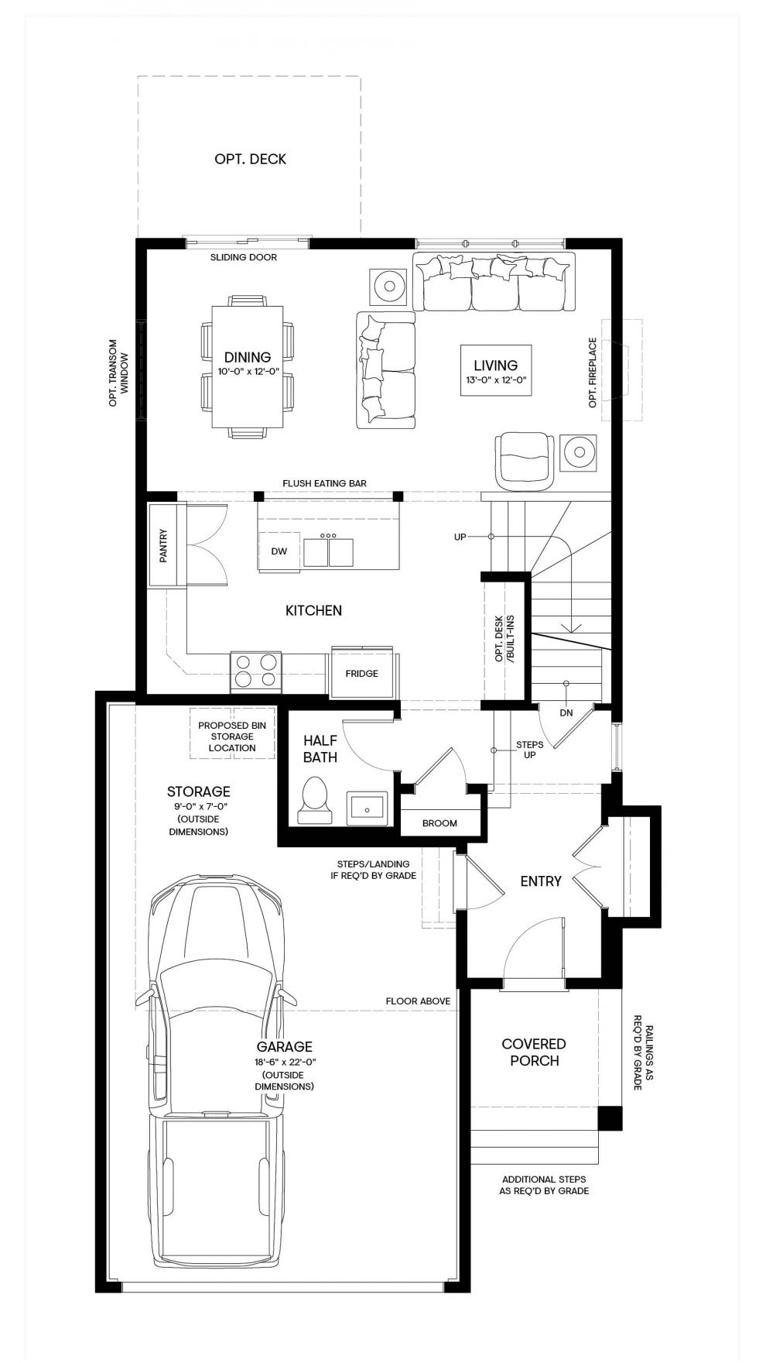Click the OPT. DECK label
[250, 159]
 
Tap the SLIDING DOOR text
[243, 257]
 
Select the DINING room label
[248, 357]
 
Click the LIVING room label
[496, 365]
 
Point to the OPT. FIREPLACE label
[593, 373]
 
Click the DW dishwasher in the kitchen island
[279, 551]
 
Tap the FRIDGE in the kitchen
[362, 673]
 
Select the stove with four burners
[256, 671]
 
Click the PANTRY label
[163, 545]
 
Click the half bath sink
[366, 807]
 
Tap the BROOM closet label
[439, 823]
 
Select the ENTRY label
[541, 881]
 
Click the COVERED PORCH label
[534, 1052]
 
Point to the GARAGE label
[284, 1046]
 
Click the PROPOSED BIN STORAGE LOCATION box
[232, 734]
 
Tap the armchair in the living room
[523, 460]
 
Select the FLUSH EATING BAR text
[324, 483]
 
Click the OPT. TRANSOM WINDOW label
[118, 373]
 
